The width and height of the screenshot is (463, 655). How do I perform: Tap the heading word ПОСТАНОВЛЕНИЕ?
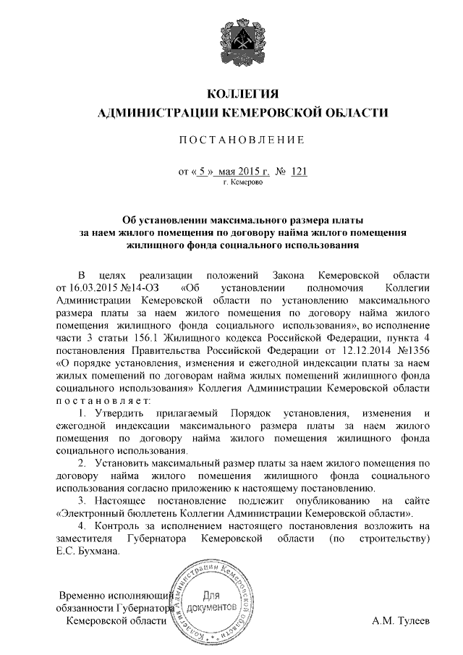[x=242, y=138]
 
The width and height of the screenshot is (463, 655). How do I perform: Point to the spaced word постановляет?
[x=103, y=400]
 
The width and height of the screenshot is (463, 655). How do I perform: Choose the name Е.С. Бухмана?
[x=88, y=552]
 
